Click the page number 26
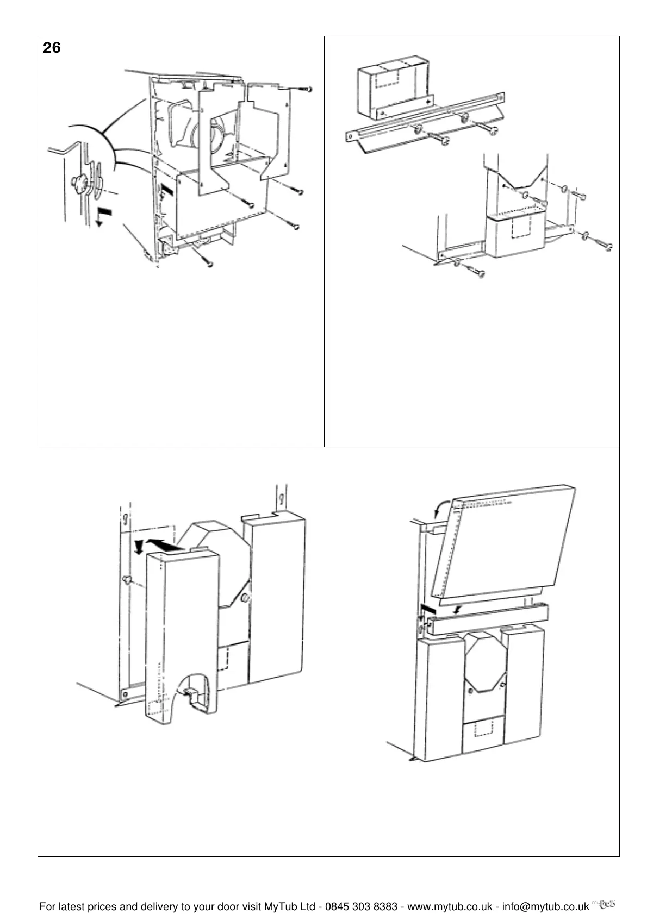pyautogui.click(x=52, y=48)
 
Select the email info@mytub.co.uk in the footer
pyautogui.click(x=545, y=906)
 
